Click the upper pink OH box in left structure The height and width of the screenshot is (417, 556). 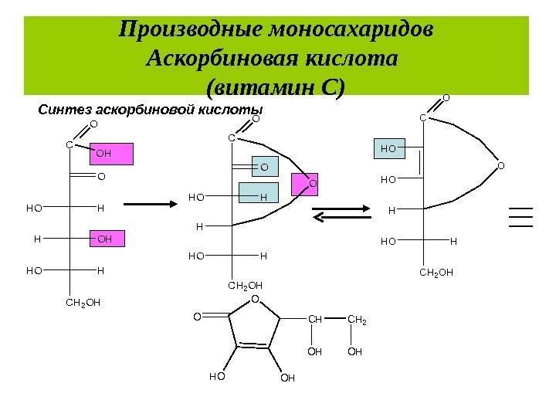click(x=113, y=154)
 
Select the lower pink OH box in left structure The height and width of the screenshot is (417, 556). click(x=107, y=239)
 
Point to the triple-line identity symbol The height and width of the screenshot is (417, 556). click(x=521, y=216)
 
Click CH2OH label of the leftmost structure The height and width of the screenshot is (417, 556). click(x=83, y=303)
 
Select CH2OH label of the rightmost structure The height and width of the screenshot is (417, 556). click(x=436, y=273)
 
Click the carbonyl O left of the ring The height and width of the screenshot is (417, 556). click(x=197, y=316)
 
